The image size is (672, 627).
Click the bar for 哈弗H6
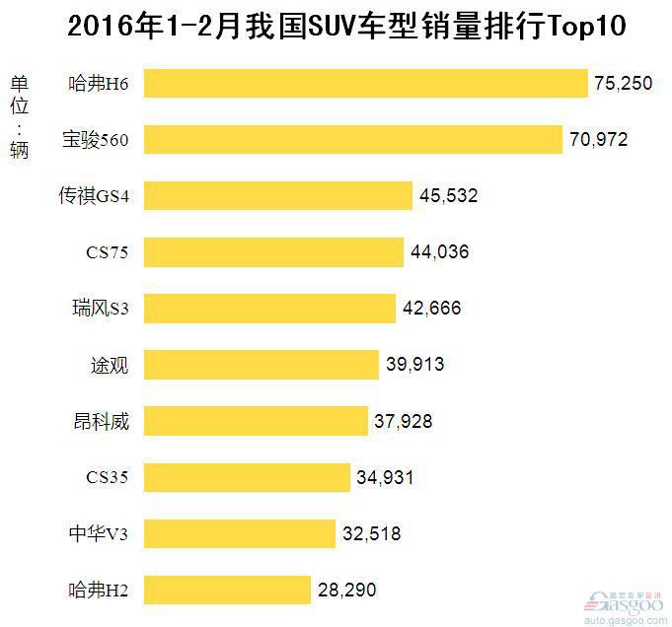[x=365, y=84]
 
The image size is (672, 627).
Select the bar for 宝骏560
[x=353, y=140]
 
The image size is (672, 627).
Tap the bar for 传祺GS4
[x=278, y=196]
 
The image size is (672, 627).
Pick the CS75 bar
[x=274, y=252]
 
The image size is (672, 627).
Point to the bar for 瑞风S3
[x=270, y=309]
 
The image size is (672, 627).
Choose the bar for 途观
[x=261, y=365]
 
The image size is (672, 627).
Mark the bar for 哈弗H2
[x=228, y=591]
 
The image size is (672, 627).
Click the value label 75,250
[x=624, y=84]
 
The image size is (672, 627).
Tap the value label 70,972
[x=599, y=140]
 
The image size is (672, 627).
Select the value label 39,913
[x=414, y=365]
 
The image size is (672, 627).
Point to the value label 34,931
[x=385, y=478]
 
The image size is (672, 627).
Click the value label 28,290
[x=347, y=591]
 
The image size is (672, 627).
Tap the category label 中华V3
[x=99, y=534]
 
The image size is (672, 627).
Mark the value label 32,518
[x=372, y=534]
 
